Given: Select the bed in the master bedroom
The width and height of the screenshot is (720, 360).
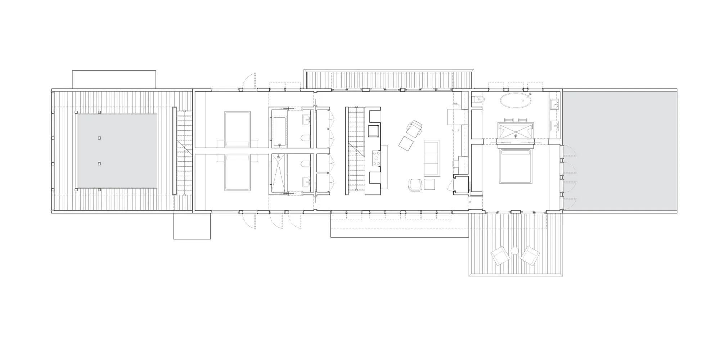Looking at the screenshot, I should pyautogui.click(x=516, y=167).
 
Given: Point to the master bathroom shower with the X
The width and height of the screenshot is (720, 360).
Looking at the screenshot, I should pyautogui.click(x=516, y=131).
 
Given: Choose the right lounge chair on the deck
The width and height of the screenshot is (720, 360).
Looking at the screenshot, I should pyautogui.click(x=530, y=256).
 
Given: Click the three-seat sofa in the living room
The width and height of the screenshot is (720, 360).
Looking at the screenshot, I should pyautogui.click(x=432, y=158).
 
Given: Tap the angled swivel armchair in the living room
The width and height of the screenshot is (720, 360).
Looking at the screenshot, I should pyautogui.click(x=414, y=129).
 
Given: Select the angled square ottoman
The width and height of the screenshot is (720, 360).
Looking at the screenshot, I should pyautogui.click(x=406, y=144).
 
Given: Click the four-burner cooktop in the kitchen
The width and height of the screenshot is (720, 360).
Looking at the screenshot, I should pyautogui.click(x=376, y=159).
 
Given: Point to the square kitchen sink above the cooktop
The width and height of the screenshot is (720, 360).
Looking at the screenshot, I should pyautogui.click(x=373, y=131).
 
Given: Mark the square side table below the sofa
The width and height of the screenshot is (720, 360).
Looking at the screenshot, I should pyautogui.click(x=429, y=184).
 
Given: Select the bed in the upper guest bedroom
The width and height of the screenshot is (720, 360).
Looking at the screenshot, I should pyautogui.click(x=237, y=129).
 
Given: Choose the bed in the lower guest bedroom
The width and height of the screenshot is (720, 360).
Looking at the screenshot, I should pyautogui.click(x=237, y=172).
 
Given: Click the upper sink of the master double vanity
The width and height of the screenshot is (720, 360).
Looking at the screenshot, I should pyautogui.click(x=554, y=105).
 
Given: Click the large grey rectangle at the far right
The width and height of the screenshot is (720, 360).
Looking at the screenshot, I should pyautogui.click(x=619, y=151).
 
